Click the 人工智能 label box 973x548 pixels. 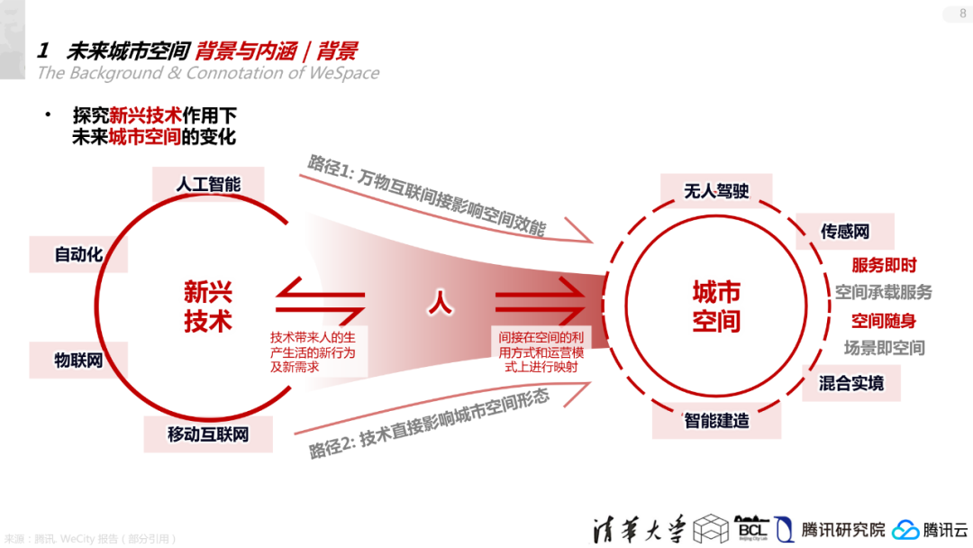pos(208,185)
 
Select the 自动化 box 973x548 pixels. pos(78,254)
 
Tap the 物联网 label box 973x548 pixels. pos(78,361)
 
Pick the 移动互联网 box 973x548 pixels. pos(207,434)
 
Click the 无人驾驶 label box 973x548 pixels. pos(716,191)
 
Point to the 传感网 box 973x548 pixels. pos(844,232)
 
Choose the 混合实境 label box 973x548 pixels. pos(850,383)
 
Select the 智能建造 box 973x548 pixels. pos(716,420)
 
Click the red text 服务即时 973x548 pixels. pos(884,265)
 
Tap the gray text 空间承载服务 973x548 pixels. pos(883,292)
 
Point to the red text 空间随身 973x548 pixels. pos(884,321)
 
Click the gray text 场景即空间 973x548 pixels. pos(884,348)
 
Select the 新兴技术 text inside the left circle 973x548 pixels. pos(208,306)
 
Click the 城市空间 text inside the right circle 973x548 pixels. pos(716,306)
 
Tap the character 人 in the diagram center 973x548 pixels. pos(440,303)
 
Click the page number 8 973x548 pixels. pos(962,13)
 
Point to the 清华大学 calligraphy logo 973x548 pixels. pos(640,528)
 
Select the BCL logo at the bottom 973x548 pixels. pos(753,528)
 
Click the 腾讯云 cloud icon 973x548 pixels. pos(906,530)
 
